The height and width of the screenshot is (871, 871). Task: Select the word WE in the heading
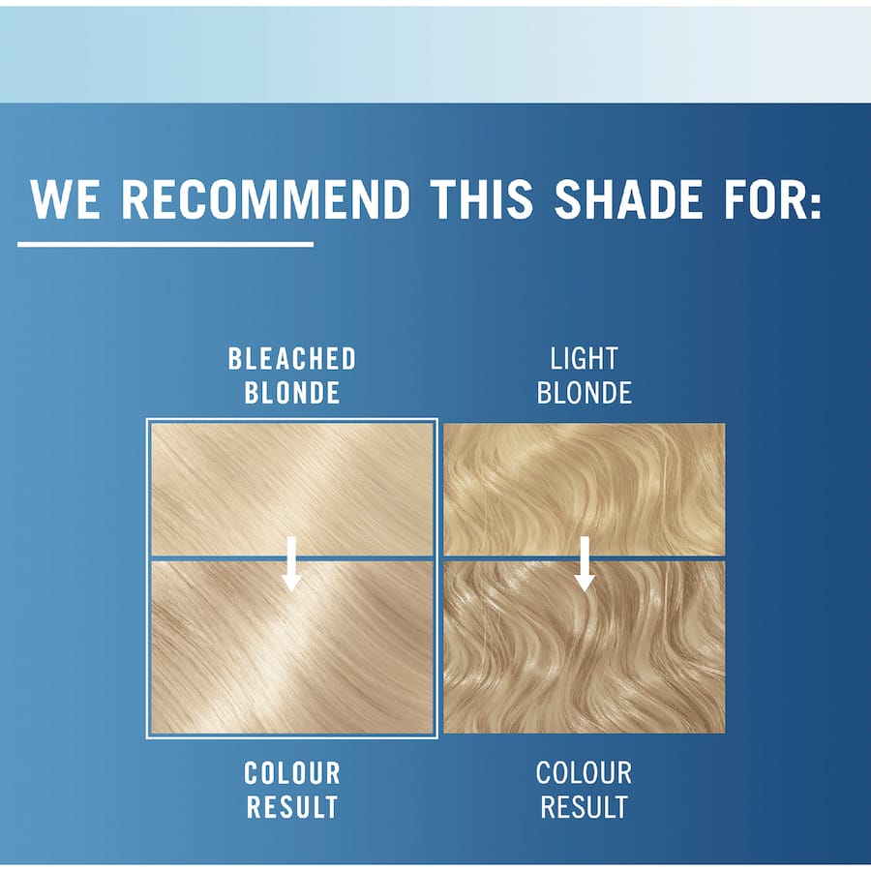click(66, 198)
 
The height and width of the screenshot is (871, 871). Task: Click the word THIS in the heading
click(481, 198)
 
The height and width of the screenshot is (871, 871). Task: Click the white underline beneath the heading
click(165, 244)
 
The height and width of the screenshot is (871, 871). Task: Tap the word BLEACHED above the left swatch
click(292, 359)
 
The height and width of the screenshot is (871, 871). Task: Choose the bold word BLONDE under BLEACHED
click(292, 392)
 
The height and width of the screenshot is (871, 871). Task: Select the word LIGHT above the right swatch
click(584, 359)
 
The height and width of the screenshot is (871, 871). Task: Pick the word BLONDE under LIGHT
click(584, 392)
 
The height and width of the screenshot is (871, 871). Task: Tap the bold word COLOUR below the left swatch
click(292, 773)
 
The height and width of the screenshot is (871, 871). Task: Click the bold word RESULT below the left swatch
click(292, 806)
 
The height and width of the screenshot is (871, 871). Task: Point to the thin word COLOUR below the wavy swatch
click(584, 773)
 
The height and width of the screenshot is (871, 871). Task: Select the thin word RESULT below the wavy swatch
click(584, 806)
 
